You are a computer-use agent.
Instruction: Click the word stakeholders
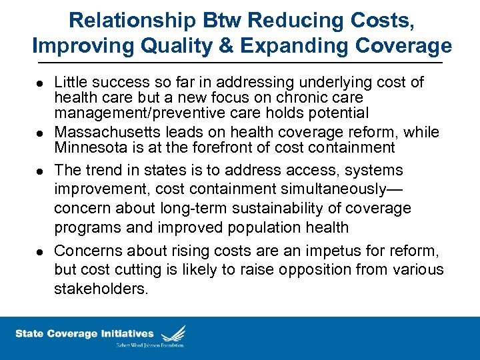tap(101, 289)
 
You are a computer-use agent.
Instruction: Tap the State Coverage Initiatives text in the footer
tap(85, 334)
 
